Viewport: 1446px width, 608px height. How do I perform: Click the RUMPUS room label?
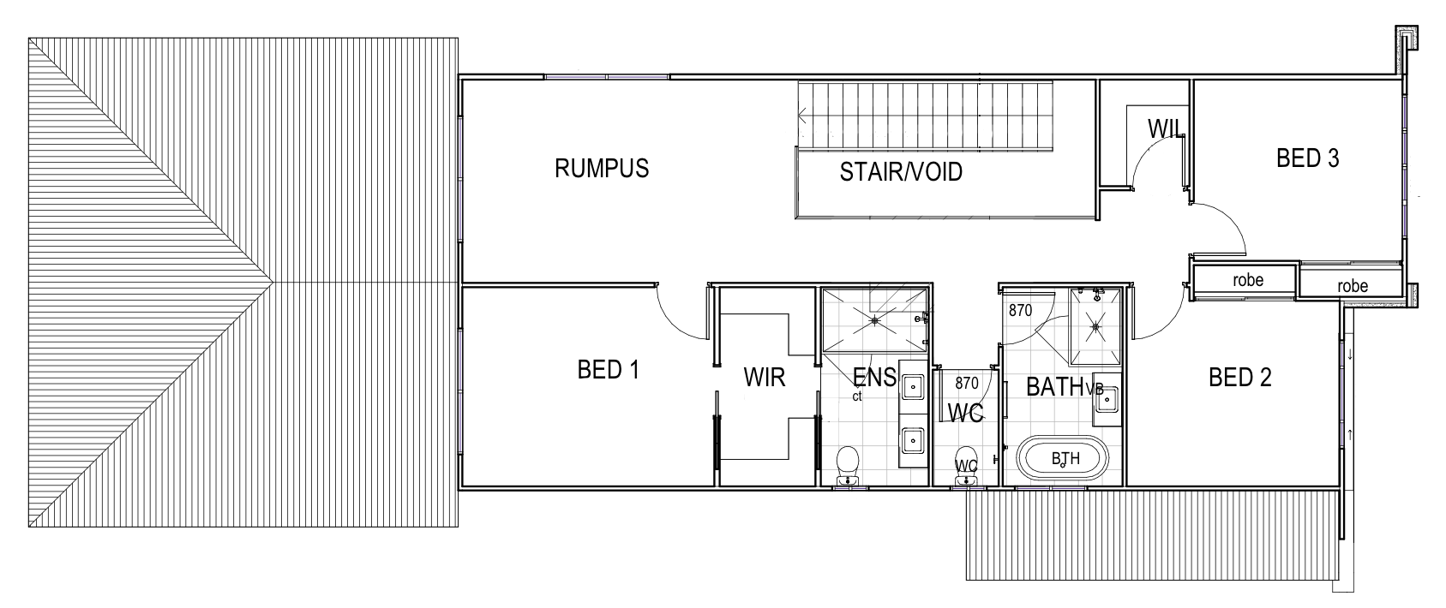tap(602, 168)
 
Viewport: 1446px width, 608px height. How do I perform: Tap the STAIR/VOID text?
tap(901, 172)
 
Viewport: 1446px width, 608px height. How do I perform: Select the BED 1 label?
tap(609, 370)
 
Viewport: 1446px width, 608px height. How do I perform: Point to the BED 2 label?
tap(1239, 377)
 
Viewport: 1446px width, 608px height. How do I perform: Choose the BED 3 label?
tap(1307, 158)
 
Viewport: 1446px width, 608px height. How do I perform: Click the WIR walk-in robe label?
tap(764, 378)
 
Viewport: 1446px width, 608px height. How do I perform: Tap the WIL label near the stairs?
tap(1166, 129)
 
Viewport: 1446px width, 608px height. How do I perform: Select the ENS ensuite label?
tap(874, 377)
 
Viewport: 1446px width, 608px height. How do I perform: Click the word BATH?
tap(1055, 387)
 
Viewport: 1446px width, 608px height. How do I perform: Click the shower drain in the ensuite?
tap(874, 320)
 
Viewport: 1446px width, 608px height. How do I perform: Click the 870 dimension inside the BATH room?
tap(1020, 311)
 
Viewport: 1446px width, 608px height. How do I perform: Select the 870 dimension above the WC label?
tap(966, 383)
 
